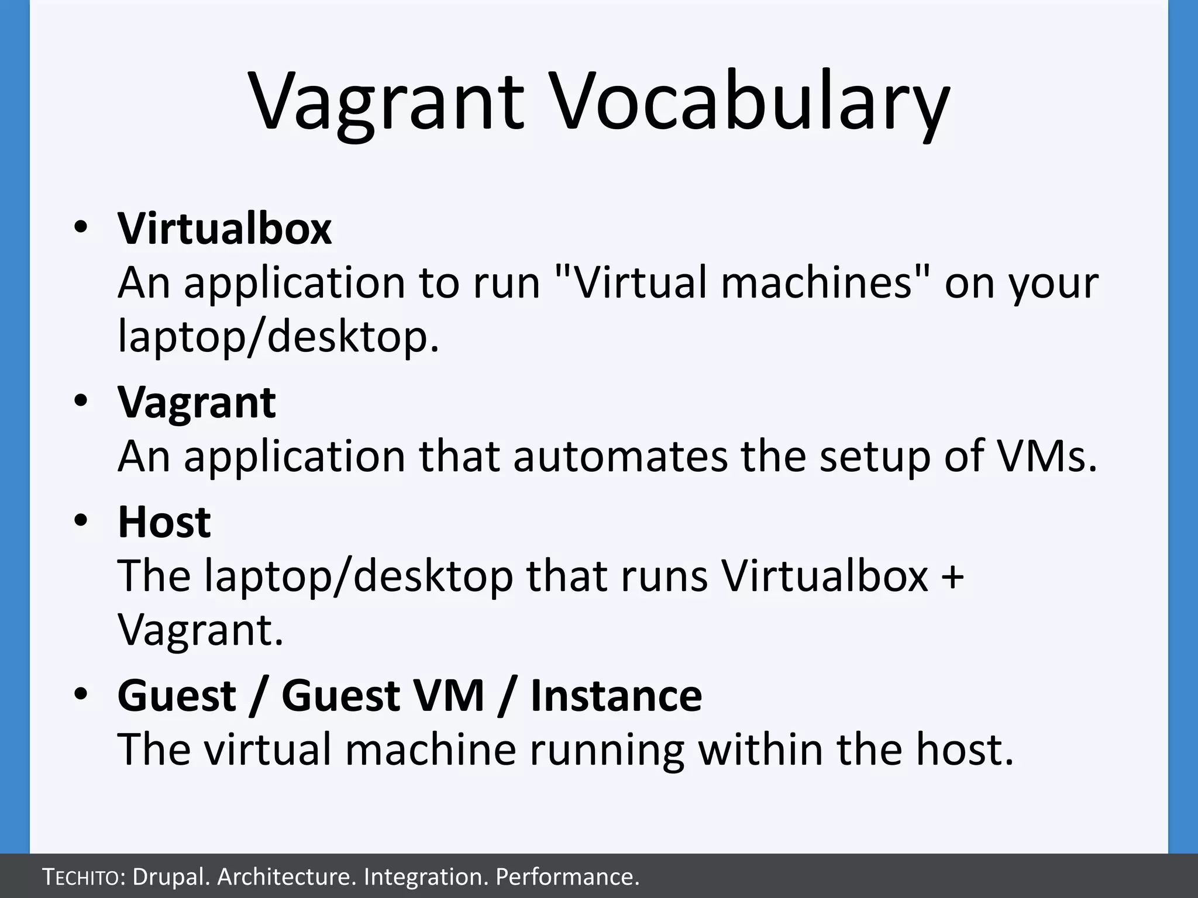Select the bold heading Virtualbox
[225, 229]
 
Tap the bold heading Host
[164, 521]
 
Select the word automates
[621, 457]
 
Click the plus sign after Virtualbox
[953, 576]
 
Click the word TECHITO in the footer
[81, 877]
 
